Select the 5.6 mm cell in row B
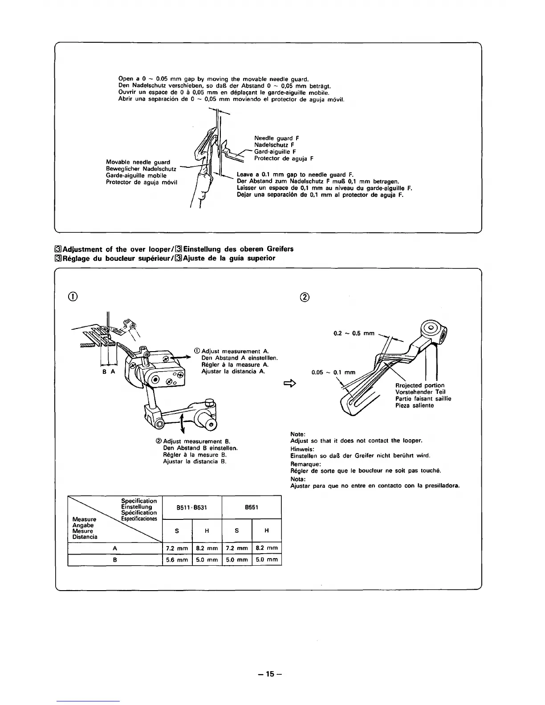coord(177,560)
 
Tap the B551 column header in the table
coord(252,507)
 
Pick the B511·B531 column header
coord(192,507)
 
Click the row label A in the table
coord(115,548)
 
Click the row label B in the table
coord(115,560)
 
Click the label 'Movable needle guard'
coord(138,162)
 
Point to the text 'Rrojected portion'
coord(419,385)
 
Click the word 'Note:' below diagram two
coord(297,434)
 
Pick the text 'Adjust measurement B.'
coord(196,441)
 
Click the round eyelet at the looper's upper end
coord(431,328)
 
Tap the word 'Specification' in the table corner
coord(139,501)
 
